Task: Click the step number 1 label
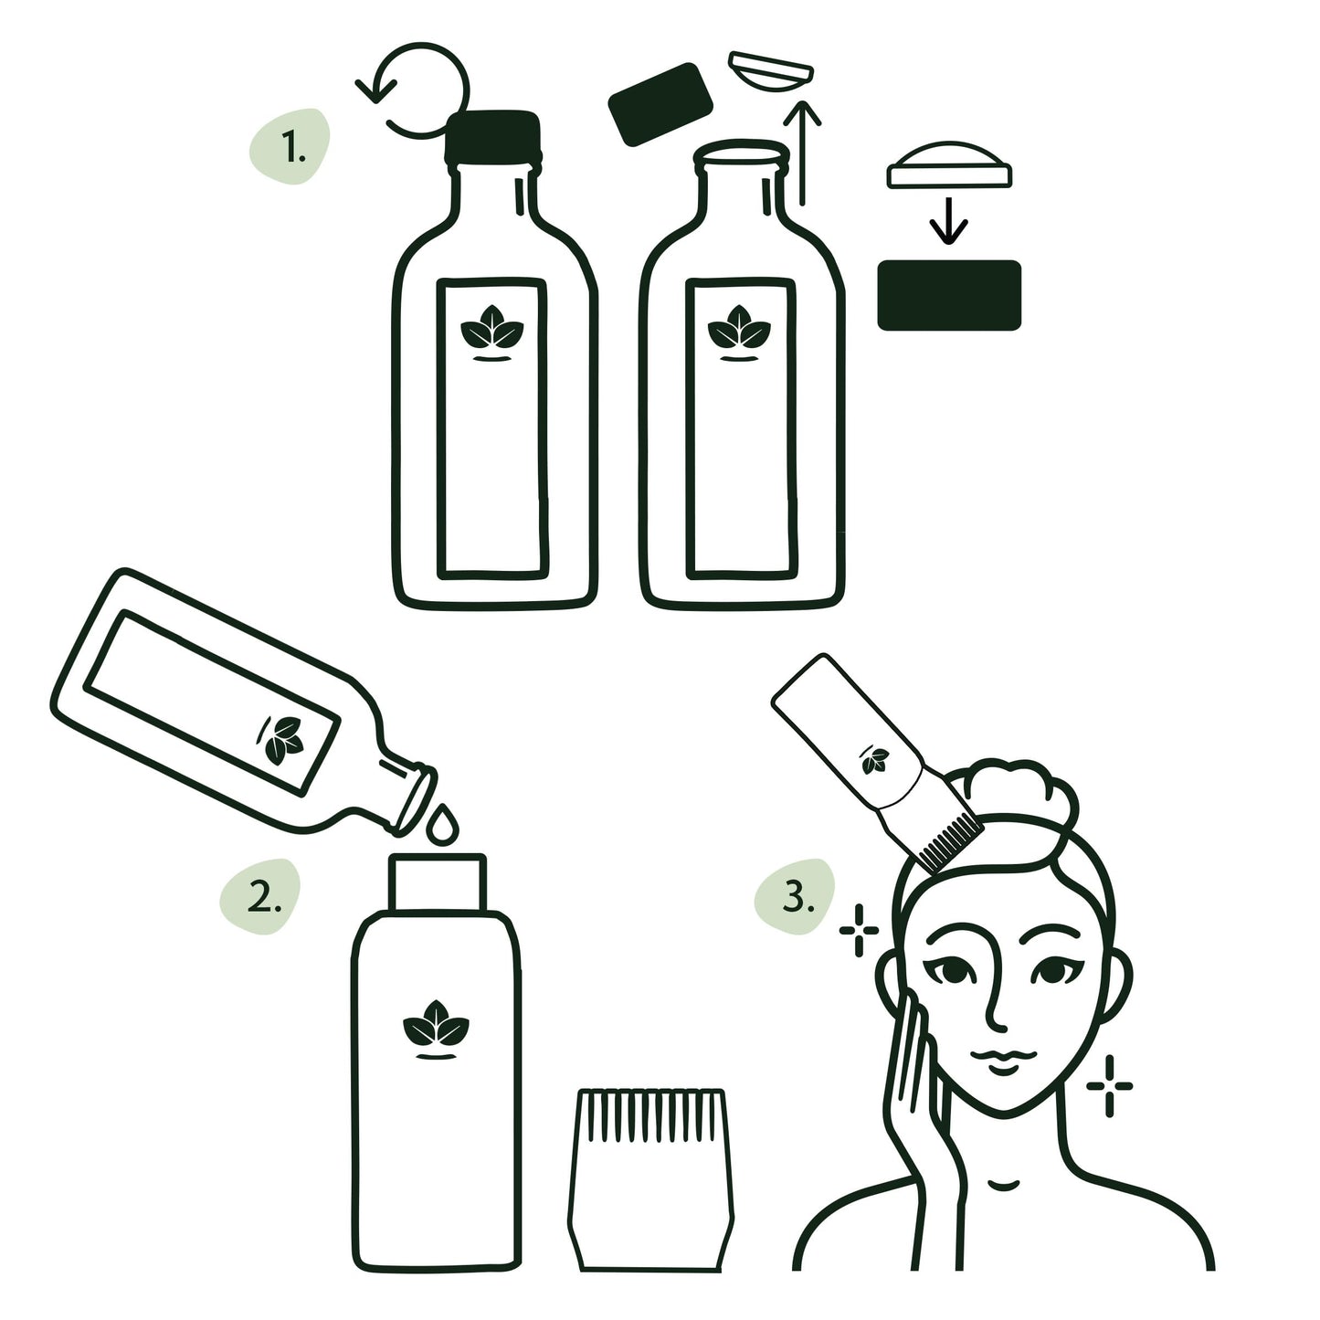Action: click(291, 146)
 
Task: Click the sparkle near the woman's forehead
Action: click(859, 931)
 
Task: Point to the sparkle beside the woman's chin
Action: click(1109, 1085)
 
